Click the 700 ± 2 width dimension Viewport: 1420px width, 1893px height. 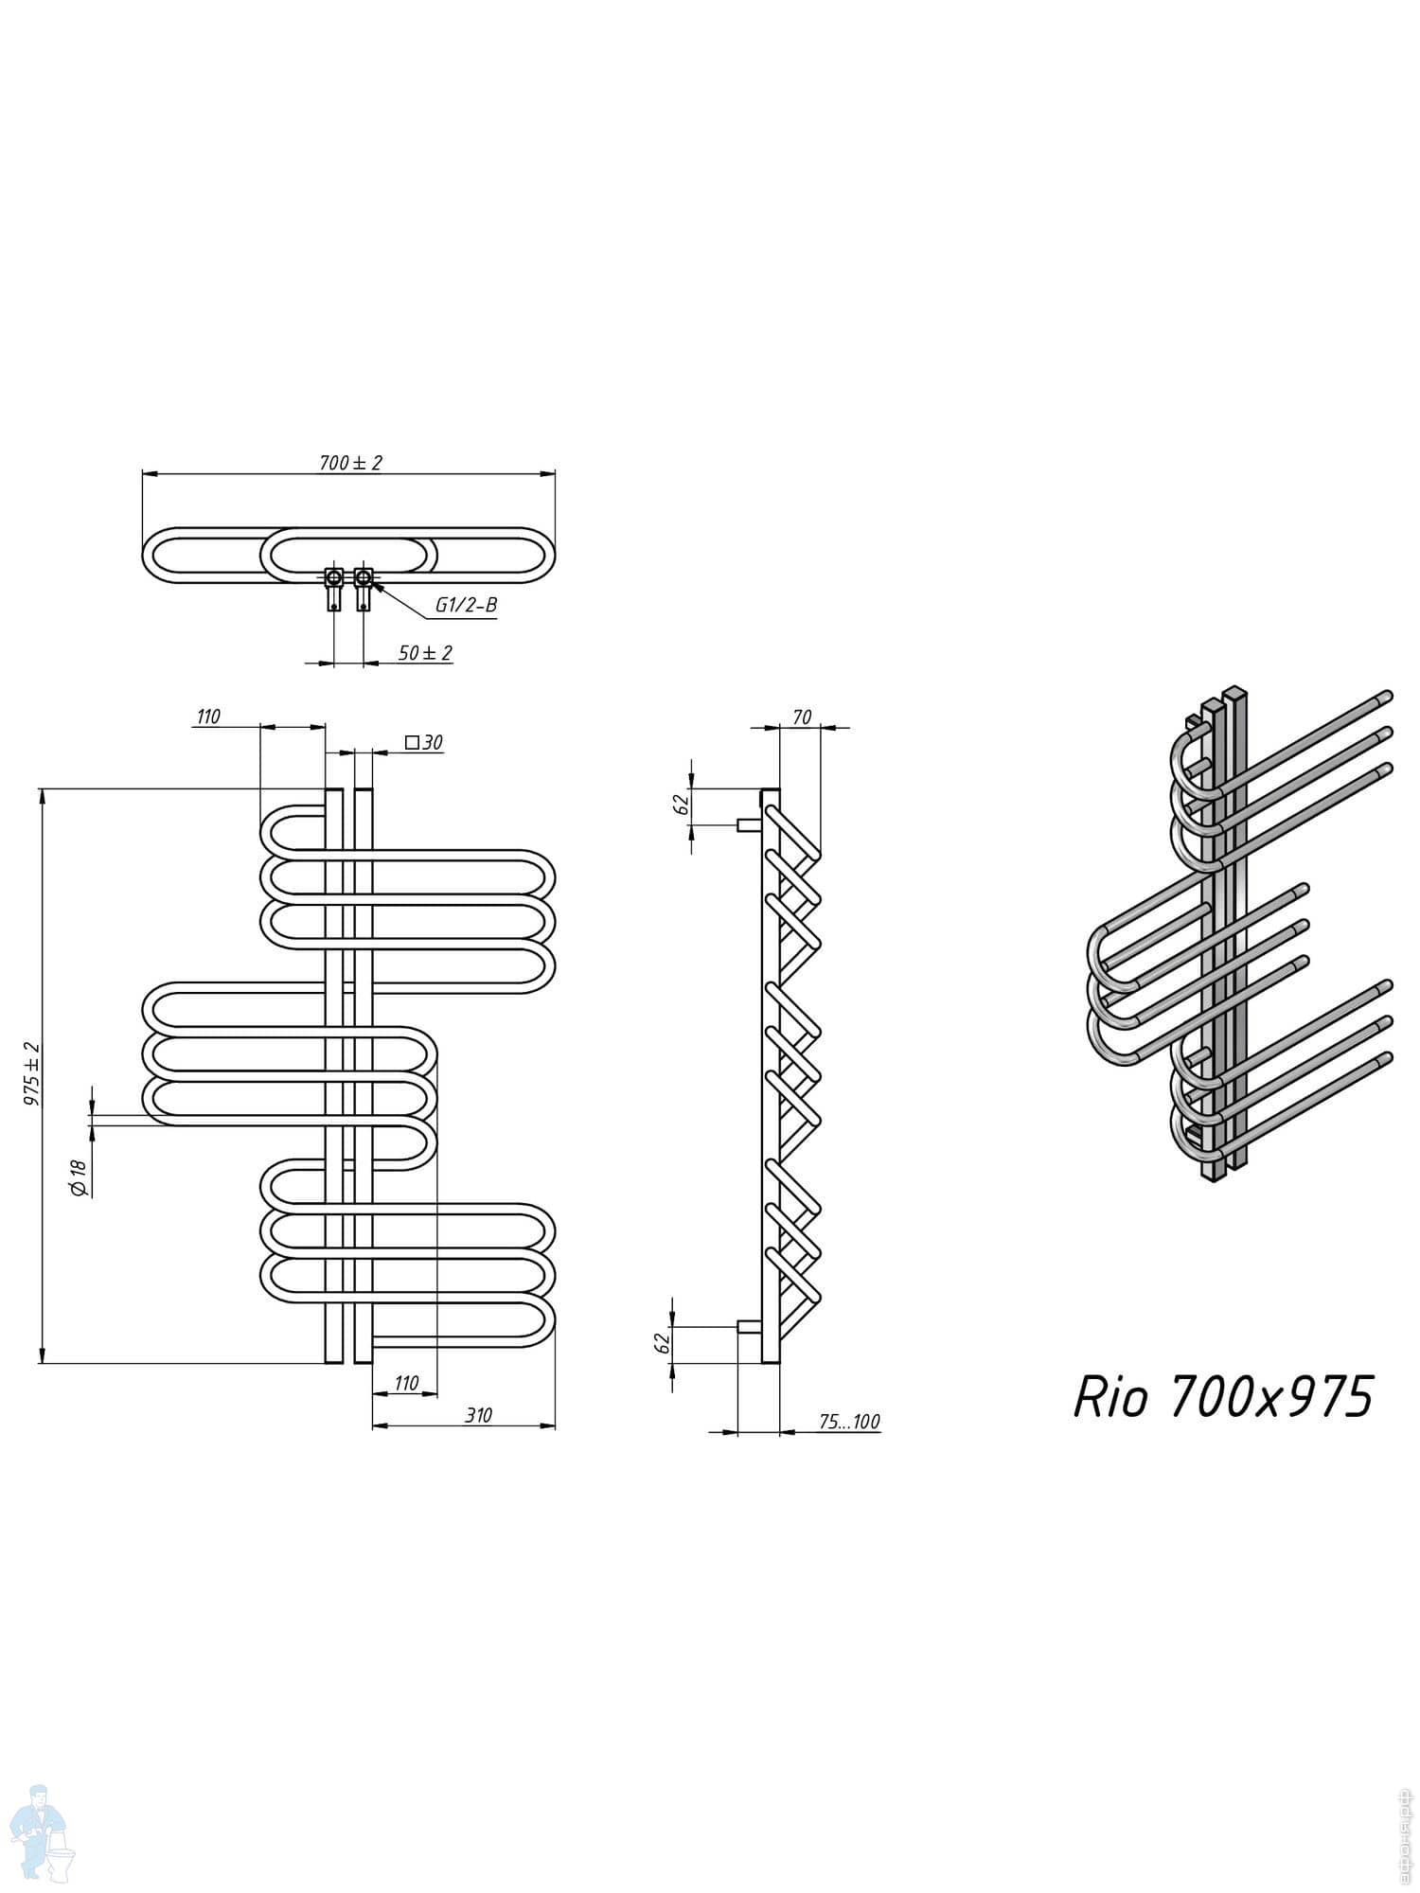click(350, 463)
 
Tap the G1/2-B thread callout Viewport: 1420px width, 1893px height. click(466, 606)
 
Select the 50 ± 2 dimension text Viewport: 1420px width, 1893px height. click(425, 653)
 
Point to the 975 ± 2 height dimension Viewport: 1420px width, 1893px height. click(33, 1074)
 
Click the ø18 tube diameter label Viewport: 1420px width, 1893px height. click(80, 1179)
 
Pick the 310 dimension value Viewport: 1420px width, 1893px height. click(478, 1415)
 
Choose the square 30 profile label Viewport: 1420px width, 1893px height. click(423, 743)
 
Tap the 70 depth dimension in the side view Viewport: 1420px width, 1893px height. click(801, 717)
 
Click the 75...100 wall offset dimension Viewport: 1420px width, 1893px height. click(849, 1422)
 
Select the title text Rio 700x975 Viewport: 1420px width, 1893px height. click(1222, 1396)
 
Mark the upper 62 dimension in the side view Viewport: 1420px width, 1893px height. click(679, 805)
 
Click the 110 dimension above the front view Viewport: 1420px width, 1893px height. click(207, 717)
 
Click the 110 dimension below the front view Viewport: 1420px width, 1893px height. click(405, 1383)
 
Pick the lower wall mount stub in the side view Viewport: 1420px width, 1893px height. click(749, 1326)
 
